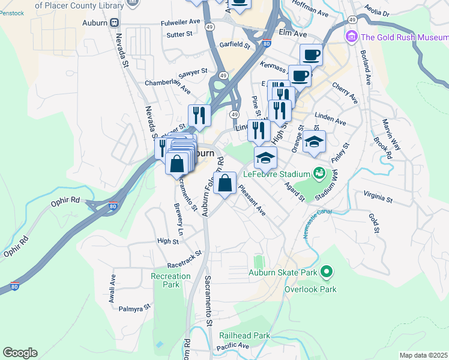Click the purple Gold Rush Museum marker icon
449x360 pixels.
tap(352, 37)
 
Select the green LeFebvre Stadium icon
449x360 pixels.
tap(319, 174)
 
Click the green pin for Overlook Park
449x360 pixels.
tap(327, 272)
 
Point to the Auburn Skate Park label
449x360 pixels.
tap(283, 272)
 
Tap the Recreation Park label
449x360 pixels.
tap(170, 280)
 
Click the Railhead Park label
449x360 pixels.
tap(261, 335)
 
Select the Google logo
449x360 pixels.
tap(20, 353)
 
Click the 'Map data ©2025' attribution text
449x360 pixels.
tap(423, 355)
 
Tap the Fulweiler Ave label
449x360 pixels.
tap(180, 21)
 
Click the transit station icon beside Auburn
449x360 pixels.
tap(114, 22)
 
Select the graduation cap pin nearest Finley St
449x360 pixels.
tap(314, 142)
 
